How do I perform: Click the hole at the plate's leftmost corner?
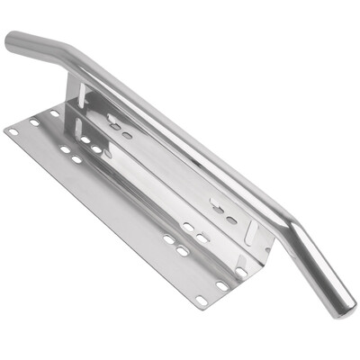click(x=13, y=131)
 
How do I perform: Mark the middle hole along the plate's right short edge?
click(x=221, y=285)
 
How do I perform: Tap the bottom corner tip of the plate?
click(x=199, y=309)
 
